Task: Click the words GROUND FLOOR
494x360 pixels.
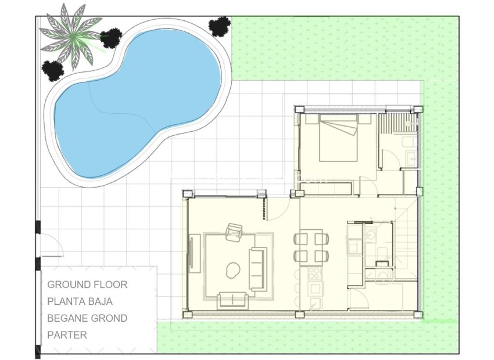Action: pyautogui.click(x=87, y=285)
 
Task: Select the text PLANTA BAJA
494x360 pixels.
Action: pyautogui.click(x=80, y=301)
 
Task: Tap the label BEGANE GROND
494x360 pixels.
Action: pyautogui.click(x=87, y=318)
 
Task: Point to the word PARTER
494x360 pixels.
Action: pyautogui.click(x=67, y=335)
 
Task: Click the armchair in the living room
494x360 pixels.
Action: pyautogui.click(x=235, y=233)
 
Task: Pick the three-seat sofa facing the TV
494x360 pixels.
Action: pyautogui.click(x=257, y=269)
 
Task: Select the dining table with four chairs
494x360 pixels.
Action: pyautogui.click(x=311, y=247)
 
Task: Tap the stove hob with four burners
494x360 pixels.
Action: pyautogui.click(x=315, y=273)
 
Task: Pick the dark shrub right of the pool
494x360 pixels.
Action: pyautogui.click(x=220, y=26)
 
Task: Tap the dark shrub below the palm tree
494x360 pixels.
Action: pyautogui.click(x=53, y=70)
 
